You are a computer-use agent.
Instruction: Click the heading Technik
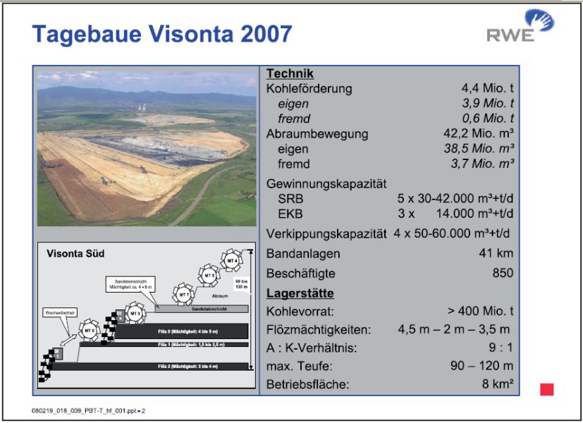(290, 74)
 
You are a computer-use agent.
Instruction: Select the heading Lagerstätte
(300, 293)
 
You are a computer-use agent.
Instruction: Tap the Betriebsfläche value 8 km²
(497, 384)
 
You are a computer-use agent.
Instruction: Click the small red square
(546, 389)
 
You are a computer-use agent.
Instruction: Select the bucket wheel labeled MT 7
(183, 293)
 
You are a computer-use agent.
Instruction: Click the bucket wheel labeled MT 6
(89, 330)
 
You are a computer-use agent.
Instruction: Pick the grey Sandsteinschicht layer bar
(201, 309)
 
